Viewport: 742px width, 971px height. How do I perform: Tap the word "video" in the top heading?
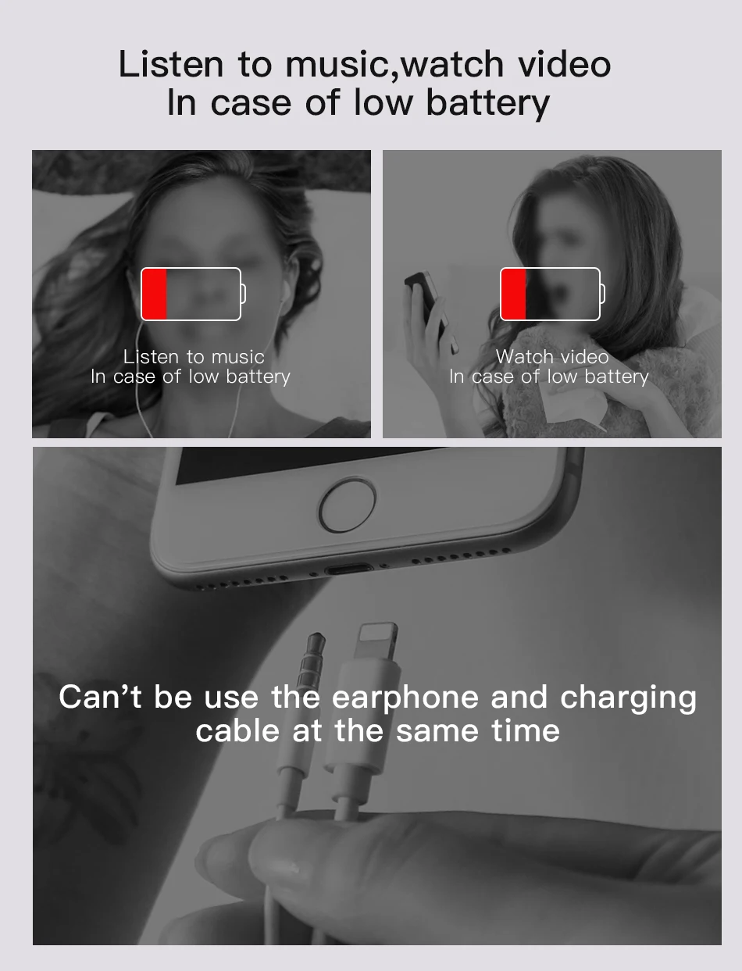pos(564,64)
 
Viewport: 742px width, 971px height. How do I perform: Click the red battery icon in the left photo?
pos(191,294)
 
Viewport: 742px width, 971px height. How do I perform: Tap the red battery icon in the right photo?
pos(551,294)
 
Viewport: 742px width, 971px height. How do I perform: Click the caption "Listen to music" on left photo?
pos(194,357)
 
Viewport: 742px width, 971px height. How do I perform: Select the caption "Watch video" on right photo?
pos(551,357)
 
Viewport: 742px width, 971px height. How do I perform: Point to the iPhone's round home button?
pos(346,506)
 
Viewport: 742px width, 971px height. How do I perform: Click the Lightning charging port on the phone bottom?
pos(346,570)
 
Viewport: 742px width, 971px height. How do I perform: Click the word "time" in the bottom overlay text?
pos(526,731)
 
